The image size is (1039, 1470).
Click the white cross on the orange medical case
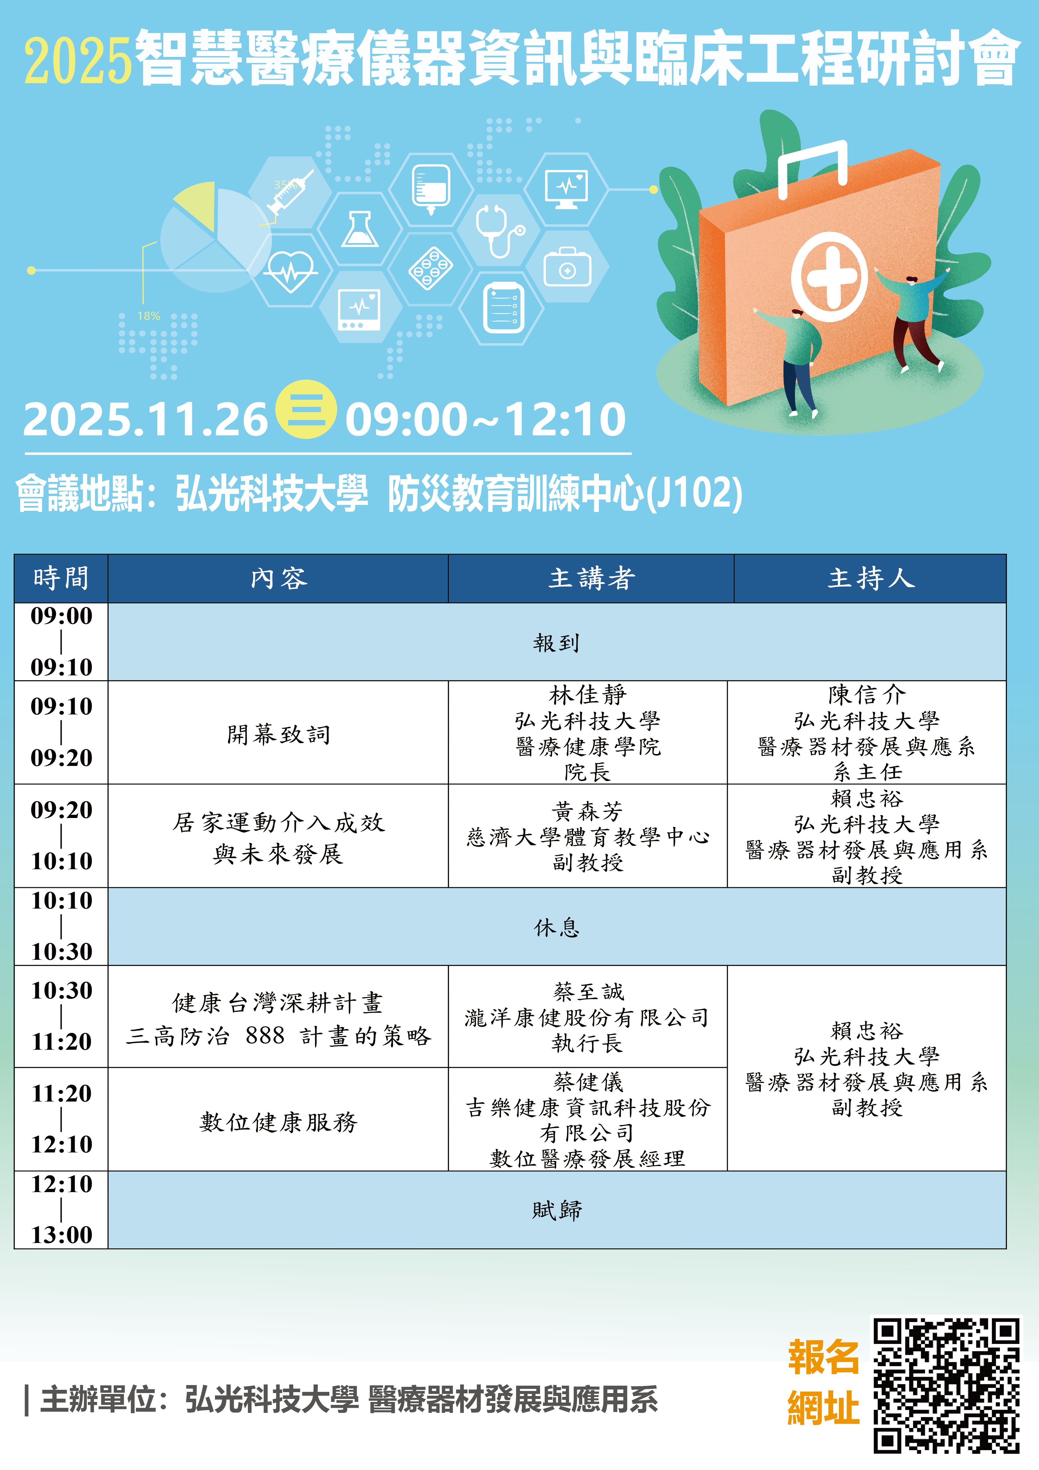[x=831, y=277]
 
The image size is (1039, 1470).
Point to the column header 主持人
[x=870, y=578]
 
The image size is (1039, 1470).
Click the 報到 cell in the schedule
[x=557, y=642]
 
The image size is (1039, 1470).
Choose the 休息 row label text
[x=557, y=926]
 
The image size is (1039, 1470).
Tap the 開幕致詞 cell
[x=279, y=734]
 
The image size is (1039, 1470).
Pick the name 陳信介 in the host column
[x=867, y=694]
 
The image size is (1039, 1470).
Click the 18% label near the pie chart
[x=149, y=316]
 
